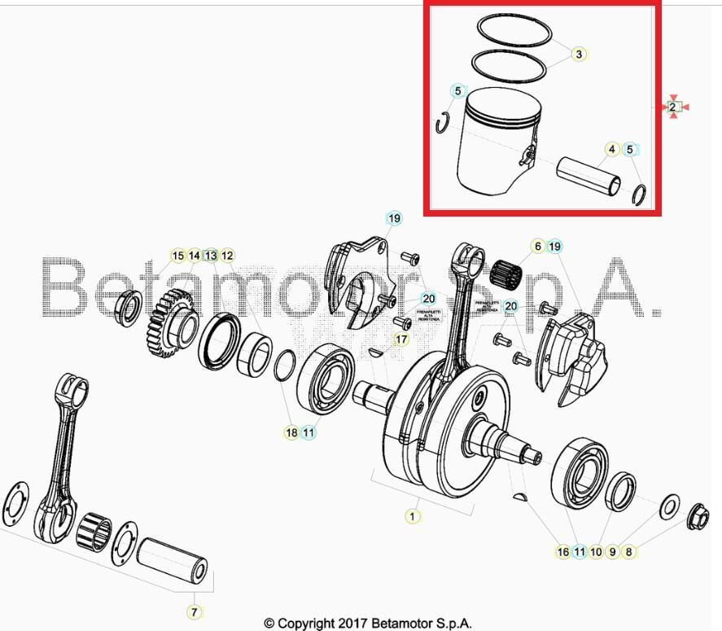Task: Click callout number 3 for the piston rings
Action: tap(579, 55)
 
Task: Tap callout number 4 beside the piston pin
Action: tap(611, 150)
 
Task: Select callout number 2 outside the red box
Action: tap(673, 107)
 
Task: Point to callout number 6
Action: tap(537, 246)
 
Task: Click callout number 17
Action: tap(400, 339)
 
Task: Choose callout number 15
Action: tap(178, 256)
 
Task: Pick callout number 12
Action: tap(227, 256)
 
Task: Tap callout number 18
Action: tap(291, 432)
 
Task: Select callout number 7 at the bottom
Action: tap(194, 611)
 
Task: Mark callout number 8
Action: tap(628, 551)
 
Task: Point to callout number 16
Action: tap(563, 551)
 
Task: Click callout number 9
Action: tap(612, 551)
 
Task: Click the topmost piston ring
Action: tap(514, 30)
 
